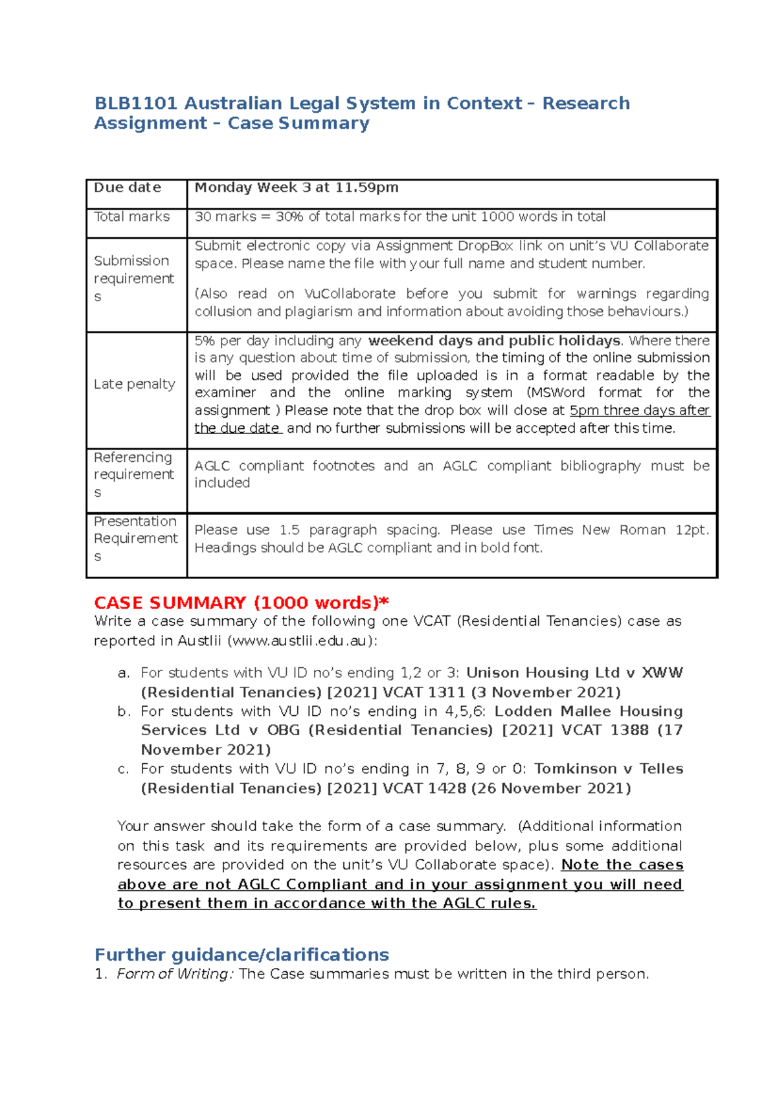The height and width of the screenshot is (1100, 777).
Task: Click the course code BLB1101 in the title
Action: [x=136, y=104]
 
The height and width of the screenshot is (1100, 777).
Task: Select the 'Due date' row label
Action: [x=128, y=188]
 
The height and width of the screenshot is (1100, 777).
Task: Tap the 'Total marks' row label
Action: [x=131, y=217]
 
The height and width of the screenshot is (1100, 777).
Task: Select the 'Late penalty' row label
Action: [x=134, y=384]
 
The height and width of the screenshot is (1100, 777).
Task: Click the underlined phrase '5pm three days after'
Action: [x=640, y=411]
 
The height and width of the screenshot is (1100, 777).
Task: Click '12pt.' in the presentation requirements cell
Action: [x=692, y=530]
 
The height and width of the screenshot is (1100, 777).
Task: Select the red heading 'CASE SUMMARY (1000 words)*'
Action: [x=241, y=603]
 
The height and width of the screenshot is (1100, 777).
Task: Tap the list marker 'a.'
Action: [x=124, y=673]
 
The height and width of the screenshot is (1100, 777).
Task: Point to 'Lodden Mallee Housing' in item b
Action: [x=588, y=711]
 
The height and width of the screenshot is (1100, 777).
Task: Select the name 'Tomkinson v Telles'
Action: [x=608, y=769]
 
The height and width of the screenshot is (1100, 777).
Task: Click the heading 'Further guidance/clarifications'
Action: [x=242, y=955]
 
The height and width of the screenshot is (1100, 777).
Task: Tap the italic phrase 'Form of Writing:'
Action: [x=174, y=974]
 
